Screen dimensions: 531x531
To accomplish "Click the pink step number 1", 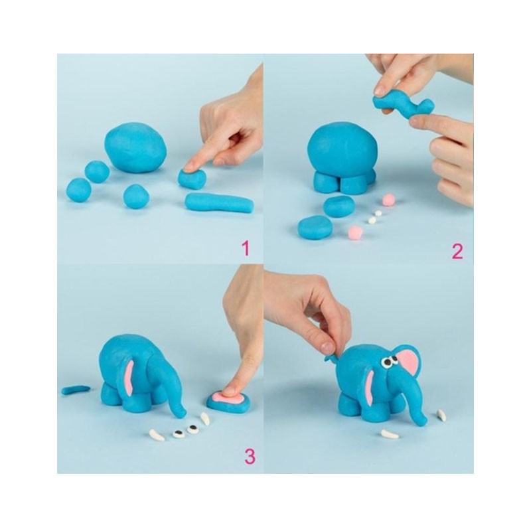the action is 246,248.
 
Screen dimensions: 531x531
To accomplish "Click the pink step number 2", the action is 457,251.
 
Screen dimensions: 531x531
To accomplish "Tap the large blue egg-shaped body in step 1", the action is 135,147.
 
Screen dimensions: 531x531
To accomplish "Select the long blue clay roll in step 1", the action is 219,202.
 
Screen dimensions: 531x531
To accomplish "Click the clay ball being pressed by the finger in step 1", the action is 192,179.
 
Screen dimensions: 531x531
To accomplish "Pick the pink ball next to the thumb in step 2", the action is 388,200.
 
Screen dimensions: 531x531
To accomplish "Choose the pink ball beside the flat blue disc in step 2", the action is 356,232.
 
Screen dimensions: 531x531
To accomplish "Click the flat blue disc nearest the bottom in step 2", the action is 315,227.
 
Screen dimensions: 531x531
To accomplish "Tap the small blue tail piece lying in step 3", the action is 76,390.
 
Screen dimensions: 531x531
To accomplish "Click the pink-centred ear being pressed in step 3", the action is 229,401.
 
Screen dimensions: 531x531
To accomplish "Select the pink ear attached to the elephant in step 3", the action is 129,378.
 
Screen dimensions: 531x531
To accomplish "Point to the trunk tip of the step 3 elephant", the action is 181,413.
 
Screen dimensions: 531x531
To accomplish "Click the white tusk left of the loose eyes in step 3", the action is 157,435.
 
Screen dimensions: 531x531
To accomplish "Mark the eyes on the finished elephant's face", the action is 390,361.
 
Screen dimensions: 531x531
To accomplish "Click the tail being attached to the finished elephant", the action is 332,358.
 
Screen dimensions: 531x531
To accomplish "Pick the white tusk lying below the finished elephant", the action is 390,434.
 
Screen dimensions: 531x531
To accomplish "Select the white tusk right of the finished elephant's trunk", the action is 441,416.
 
